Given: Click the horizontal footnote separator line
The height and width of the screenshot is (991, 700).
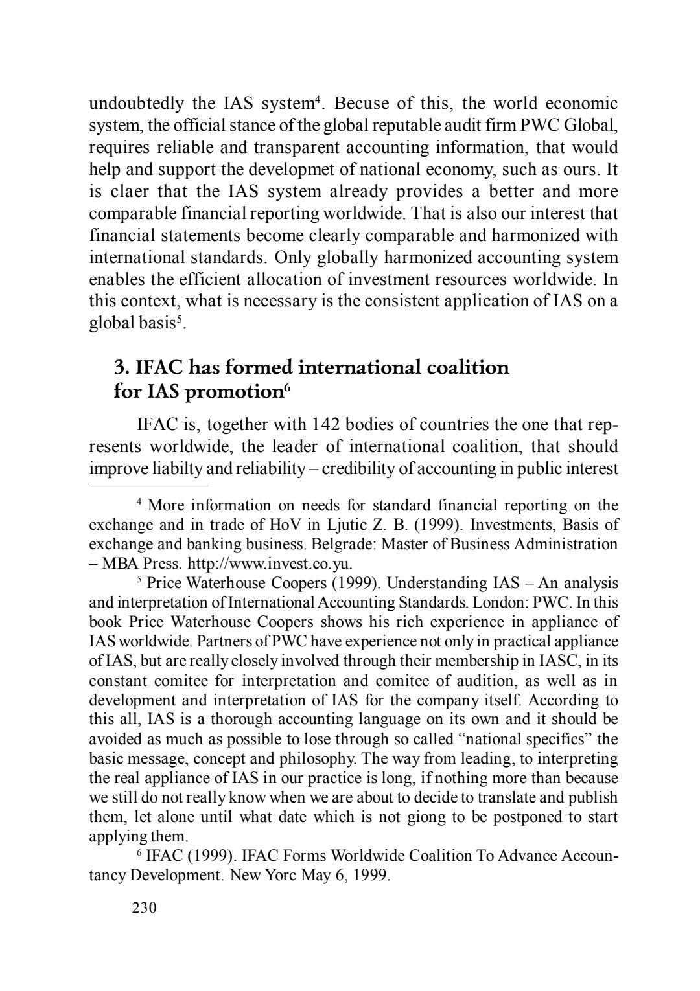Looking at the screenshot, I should pyautogui.click(x=148, y=484).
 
